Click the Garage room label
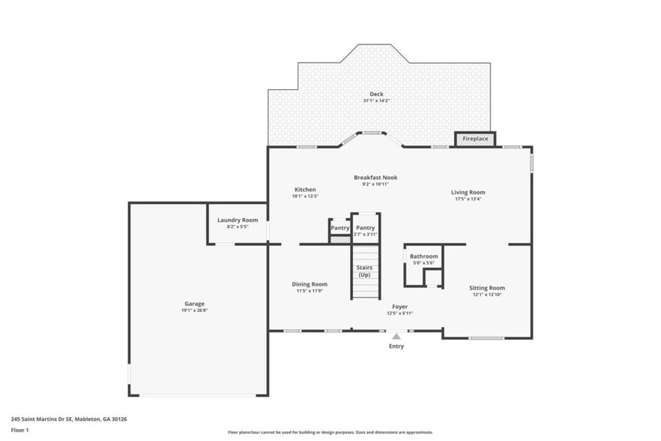click(194, 304)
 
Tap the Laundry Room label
click(238, 220)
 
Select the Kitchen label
click(305, 190)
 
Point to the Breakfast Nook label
click(375, 178)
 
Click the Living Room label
click(468, 192)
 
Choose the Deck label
click(376, 94)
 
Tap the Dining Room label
click(310, 284)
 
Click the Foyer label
click(399, 307)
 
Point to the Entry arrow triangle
click(396, 337)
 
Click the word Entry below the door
click(396, 346)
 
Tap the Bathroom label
click(423, 256)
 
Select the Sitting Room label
click(487, 288)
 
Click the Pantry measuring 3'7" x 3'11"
click(365, 228)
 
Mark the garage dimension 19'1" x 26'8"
click(194, 310)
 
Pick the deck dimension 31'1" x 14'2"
click(376, 101)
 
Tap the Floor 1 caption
click(20, 430)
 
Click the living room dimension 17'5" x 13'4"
click(468, 199)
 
